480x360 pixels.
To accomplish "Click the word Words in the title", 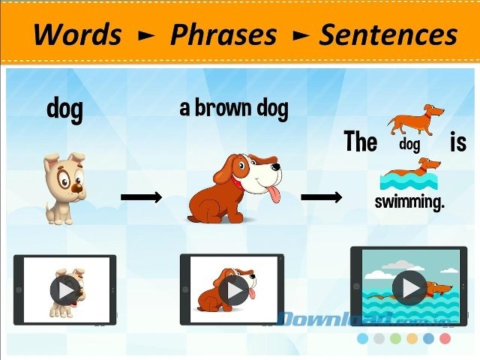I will pyautogui.click(x=77, y=34).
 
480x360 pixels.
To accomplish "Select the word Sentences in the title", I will pyautogui.click(x=388, y=34).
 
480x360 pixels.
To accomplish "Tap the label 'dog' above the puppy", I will pyautogui.click(x=64, y=109).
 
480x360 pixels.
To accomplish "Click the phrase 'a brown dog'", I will pyautogui.click(x=233, y=108).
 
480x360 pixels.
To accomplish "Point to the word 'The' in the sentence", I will pyautogui.click(x=360, y=141).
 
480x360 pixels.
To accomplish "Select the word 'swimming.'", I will pyautogui.click(x=409, y=201).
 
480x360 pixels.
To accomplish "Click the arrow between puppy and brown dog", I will pyautogui.click(x=141, y=197).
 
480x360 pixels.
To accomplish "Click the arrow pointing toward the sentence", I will pyautogui.click(x=321, y=197).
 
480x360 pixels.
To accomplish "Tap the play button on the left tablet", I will pyautogui.click(x=65, y=290).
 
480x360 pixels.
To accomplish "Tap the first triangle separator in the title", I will pyautogui.click(x=145, y=35).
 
